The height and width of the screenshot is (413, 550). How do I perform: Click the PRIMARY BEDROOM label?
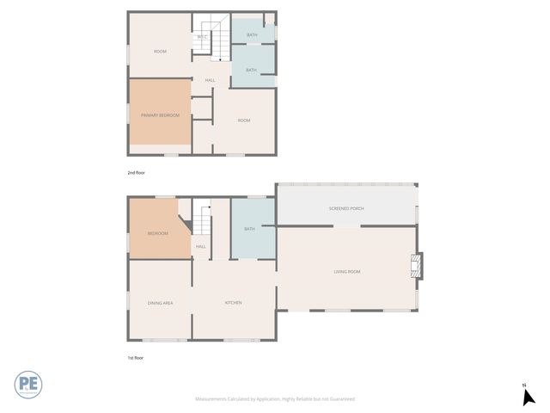click(x=160, y=114)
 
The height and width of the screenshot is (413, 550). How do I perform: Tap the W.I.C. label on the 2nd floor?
click(x=202, y=37)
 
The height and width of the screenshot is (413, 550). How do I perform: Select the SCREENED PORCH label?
click(x=345, y=209)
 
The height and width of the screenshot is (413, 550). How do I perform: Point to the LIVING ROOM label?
click(x=346, y=272)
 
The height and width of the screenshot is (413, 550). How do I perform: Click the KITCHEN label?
click(x=233, y=303)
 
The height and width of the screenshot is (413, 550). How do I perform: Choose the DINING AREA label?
click(x=160, y=303)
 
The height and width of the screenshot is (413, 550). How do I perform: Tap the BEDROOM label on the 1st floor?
click(x=157, y=233)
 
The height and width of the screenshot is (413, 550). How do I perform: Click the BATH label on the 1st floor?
click(x=250, y=229)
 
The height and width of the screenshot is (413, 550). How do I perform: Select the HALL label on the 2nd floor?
click(x=210, y=82)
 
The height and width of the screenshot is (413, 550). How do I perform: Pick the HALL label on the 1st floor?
click(x=201, y=247)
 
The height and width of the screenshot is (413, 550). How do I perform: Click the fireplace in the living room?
click(x=418, y=266)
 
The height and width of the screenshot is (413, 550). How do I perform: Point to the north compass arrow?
click(x=529, y=396)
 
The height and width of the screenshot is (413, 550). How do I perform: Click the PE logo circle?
click(x=27, y=384)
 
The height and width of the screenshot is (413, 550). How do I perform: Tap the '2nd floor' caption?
click(x=136, y=173)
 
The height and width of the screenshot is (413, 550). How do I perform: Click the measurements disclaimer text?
click(x=275, y=399)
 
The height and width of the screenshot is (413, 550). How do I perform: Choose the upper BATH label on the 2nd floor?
click(x=252, y=35)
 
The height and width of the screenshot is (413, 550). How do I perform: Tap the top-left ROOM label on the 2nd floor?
click(x=160, y=52)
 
